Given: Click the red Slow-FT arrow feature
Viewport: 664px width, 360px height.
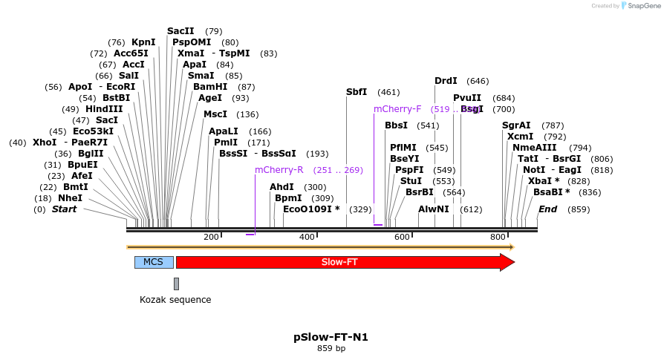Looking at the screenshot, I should (342, 262).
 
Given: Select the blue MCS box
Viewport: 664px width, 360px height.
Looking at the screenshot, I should (154, 262).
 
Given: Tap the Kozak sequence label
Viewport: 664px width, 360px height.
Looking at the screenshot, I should (175, 300).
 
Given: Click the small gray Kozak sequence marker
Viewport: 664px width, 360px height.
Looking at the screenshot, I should (176, 284).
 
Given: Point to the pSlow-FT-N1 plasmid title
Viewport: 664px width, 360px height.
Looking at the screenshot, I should (331, 337).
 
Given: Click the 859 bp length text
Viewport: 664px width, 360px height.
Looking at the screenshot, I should (331, 348).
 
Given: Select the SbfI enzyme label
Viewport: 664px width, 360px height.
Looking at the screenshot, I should (357, 92).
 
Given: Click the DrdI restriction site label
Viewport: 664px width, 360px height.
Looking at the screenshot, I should (446, 80).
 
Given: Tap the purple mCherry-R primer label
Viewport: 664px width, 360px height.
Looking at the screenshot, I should (279, 170).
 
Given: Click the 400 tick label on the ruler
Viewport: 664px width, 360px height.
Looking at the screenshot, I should (307, 237).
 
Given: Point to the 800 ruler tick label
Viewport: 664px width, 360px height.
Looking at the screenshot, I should (498, 237).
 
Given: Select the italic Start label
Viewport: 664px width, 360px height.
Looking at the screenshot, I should (64, 209).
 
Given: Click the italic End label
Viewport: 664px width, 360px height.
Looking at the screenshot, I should (547, 209).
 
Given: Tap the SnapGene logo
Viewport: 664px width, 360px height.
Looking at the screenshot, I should (643, 6).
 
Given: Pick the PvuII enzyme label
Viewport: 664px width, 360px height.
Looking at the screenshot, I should (467, 98).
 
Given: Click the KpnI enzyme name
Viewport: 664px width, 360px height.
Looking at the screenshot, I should (143, 42).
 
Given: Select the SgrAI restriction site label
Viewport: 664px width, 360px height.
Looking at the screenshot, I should (516, 125).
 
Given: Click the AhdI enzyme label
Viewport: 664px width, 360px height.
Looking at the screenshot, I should (281, 187).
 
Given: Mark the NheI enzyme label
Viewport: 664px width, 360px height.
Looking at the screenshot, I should (71, 198).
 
